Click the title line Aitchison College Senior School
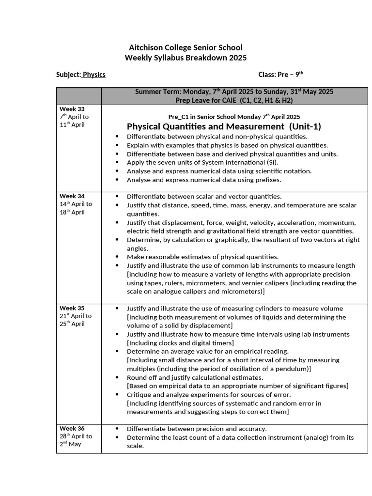[186, 47]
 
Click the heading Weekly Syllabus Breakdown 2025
[186, 58]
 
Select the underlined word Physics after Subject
[94, 75]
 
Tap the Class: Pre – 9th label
[280, 75]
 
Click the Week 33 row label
[72, 109]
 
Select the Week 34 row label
[72, 196]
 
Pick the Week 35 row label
[72, 308]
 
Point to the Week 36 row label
[72, 428]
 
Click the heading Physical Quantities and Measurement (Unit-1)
[224, 126]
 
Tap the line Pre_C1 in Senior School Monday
[234, 117]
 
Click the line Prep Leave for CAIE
[234, 100]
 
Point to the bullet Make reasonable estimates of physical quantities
[202, 257]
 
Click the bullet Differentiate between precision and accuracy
[197, 429]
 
